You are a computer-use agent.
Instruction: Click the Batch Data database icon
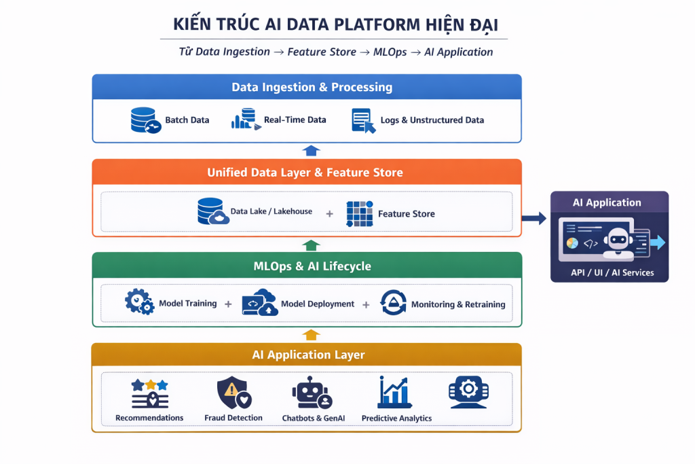click(x=145, y=120)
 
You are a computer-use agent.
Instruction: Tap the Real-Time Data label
click(x=295, y=120)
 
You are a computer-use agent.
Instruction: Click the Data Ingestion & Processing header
click(x=312, y=87)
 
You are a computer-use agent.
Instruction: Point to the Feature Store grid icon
click(x=359, y=213)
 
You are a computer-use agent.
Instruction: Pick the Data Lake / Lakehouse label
click(x=271, y=212)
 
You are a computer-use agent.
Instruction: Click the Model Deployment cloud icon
click(x=259, y=302)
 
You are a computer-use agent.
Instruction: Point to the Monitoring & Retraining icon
click(x=393, y=303)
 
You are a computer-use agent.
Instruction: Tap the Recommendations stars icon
click(x=149, y=393)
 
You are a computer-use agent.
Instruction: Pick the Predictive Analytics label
click(x=396, y=418)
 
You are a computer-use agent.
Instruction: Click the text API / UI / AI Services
click(x=609, y=272)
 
